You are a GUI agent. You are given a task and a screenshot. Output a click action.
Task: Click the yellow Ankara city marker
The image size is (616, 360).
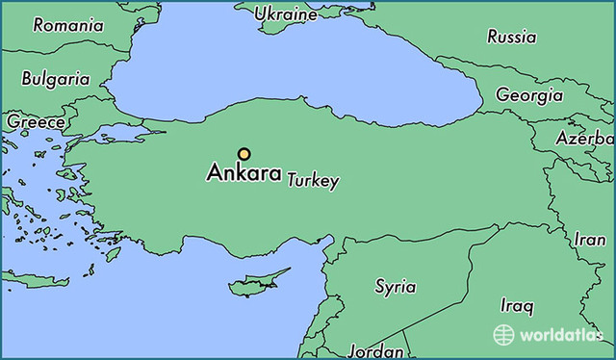[244, 153]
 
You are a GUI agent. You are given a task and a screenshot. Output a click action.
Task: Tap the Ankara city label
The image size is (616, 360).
[244, 175]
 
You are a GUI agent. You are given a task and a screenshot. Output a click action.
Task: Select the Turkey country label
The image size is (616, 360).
[313, 181]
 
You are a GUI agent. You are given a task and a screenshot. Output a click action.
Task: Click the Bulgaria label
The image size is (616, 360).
[55, 79]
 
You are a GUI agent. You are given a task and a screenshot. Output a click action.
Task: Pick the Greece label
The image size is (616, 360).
[36, 122]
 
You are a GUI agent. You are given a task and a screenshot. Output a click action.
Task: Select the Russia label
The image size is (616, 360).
[511, 38]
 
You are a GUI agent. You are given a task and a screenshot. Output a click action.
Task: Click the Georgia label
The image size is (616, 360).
[528, 95]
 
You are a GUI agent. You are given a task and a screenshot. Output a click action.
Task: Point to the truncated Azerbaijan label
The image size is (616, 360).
[584, 138]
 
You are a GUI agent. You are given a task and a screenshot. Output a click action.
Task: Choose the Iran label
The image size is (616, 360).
[589, 239]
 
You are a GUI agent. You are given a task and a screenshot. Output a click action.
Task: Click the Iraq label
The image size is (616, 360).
[516, 306]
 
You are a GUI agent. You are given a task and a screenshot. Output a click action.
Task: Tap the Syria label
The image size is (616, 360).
[395, 287]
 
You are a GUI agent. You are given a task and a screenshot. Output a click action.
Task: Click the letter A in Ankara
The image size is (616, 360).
[215, 175]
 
